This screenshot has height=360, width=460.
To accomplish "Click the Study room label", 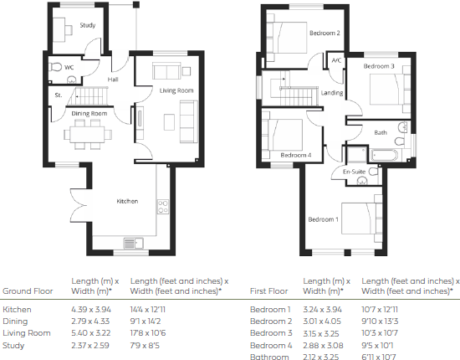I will pos(88,26).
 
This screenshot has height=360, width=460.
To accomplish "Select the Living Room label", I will pos(176,90).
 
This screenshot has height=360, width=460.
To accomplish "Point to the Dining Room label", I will pos(89,113).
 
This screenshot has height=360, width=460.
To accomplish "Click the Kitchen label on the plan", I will pos(127,202).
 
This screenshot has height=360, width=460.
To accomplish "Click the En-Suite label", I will pos(357,172).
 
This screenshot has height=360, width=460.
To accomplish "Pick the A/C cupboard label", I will pos(336,60).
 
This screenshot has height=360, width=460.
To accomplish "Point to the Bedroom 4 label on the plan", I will pos(296,155).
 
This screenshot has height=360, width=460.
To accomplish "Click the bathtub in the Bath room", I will pos(386,154).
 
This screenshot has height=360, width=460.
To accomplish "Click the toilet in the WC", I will pos(57,67).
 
